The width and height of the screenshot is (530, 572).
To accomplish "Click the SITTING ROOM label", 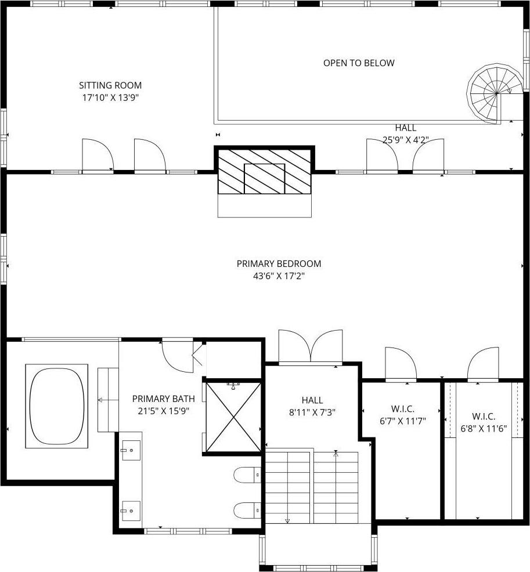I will click(x=110, y=85).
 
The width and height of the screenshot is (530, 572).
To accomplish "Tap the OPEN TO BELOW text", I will click(x=359, y=63).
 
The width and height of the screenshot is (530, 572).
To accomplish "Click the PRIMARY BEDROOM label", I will click(x=279, y=263).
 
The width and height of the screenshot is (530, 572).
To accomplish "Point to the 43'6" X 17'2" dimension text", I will click(x=279, y=276).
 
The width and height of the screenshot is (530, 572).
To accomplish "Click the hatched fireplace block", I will click(x=265, y=172).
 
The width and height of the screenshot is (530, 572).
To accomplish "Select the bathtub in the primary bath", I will click(x=57, y=406).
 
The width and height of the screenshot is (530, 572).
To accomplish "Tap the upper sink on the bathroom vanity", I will click(x=131, y=450).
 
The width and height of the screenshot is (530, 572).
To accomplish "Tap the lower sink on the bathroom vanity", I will click(x=131, y=511).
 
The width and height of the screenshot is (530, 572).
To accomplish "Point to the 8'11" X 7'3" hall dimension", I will click(x=312, y=412).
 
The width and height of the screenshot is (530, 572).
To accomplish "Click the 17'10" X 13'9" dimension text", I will click(x=110, y=98).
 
